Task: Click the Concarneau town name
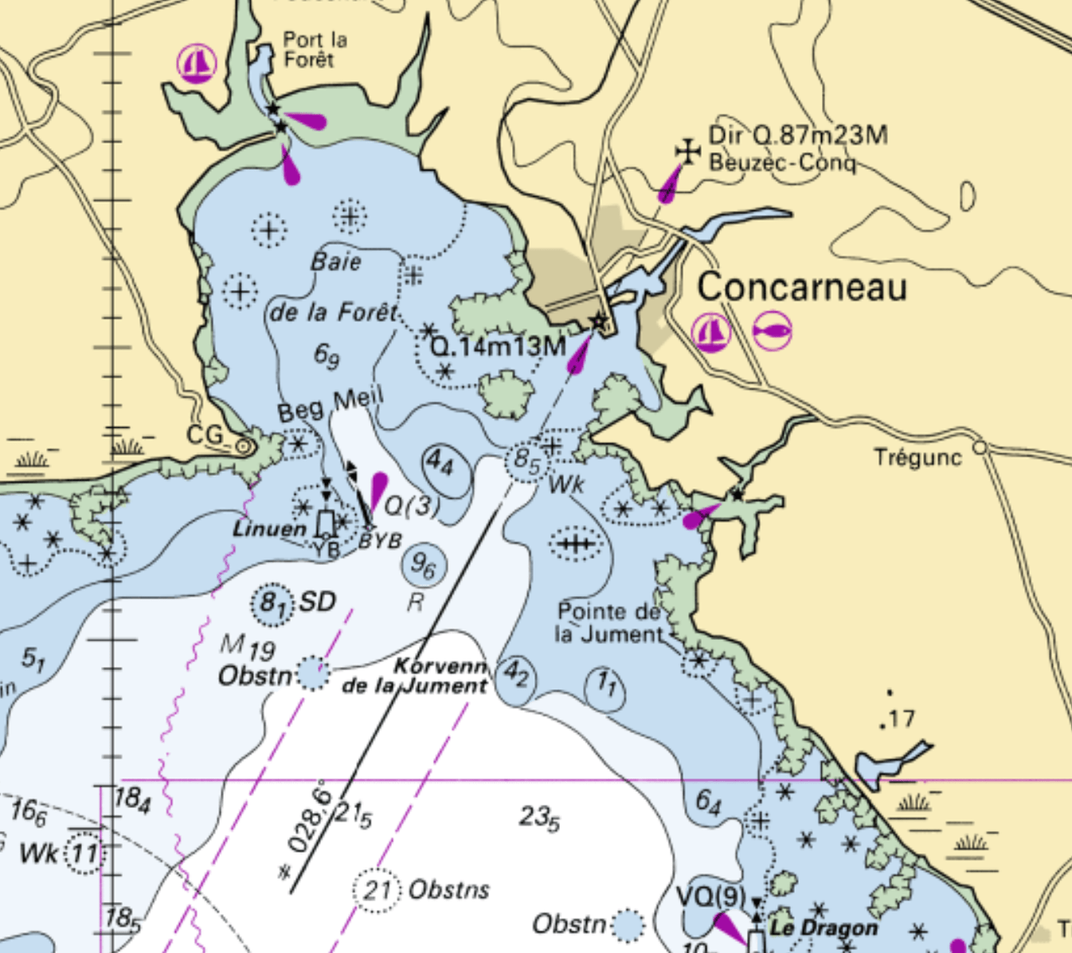pos(802,288)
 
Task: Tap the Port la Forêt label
pos(315,49)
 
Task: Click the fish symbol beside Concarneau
pos(772,330)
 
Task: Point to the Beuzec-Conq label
pos(782,163)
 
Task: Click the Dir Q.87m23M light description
pos(798,135)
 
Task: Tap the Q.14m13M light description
pos(498,346)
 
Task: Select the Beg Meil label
pos(331,404)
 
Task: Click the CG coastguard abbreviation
pos(205,435)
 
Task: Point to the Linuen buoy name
pos(269,529)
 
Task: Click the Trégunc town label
pos(917,457)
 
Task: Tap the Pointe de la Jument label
pos(609,623)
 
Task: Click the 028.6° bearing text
pos(309,817)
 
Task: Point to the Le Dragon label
pos(824,928)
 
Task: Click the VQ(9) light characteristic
pos(711,897)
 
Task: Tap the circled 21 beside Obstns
pos(375,888)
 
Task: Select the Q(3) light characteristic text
pos(411,506)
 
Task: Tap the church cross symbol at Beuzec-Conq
pos(687,151)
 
